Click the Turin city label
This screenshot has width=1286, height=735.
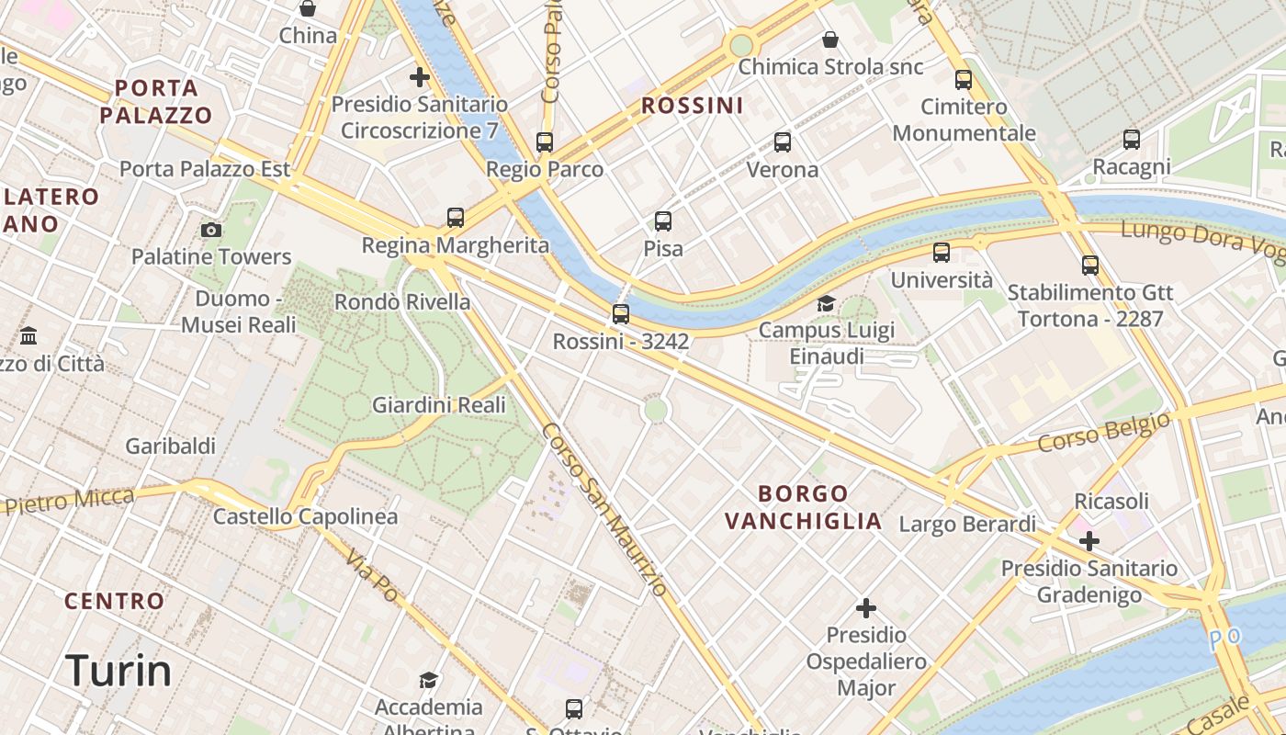pyautogui.click(x=118, y=672)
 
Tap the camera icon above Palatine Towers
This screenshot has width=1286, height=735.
pyautogui.click(x=211, y=230)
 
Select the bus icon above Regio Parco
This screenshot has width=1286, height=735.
pyautogui.click(x=545, y=142)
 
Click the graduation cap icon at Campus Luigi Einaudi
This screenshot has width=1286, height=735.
pyautogui.click(x=827, y=303)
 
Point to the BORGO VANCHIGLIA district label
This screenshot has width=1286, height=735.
pyautogui.click(x=803, y=507)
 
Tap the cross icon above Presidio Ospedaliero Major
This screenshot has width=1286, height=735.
pyautogui.click(x=865, y=608)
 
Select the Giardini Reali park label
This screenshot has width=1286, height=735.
pyautogui.click(x=438, y=404)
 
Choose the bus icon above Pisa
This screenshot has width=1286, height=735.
pyautogui.click(x=663, y=221)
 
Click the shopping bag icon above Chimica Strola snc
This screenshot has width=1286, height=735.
pyautogui.click(x=830, y=40)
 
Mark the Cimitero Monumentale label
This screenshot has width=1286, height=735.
pyautogui.click(x=964, y=119)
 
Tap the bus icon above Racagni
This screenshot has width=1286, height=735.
pyautogui.click(x=1132, y=140)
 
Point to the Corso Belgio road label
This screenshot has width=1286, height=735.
pyautogui.click(x=1104, y=432)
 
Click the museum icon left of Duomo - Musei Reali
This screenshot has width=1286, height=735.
pyautogui.click(x=28, y=335)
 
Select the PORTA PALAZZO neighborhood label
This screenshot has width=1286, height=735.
pyautogui.click(x=156, y=102)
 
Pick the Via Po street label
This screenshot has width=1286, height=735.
pyautogui.click(x=372, y=577)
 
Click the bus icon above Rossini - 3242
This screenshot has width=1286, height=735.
pyautogui.click(x=621, y=314)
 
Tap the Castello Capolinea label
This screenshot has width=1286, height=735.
pyautogui.click(x=305, y=516)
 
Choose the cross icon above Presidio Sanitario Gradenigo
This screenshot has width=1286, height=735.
pyautogui.click(x=1089, y=541)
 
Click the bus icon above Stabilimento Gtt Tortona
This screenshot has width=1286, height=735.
pyautogui.click(x=1090, y=266)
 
